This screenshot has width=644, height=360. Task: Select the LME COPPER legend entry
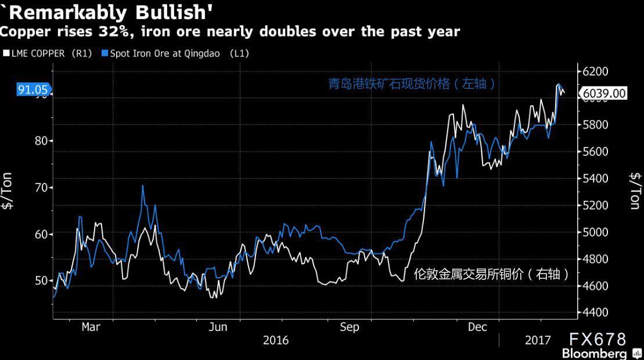coord(48,53)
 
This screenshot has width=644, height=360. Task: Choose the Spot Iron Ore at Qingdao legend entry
coord(175,53)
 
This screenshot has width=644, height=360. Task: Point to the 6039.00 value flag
coord(604,93)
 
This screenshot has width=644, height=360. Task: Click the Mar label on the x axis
coord(91,327)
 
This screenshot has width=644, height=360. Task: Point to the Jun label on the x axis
coord(218,327)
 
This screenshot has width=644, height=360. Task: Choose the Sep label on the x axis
coord(349,327)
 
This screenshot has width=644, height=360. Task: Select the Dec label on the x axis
coord(477,327)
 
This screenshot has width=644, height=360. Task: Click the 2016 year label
coord(276,340)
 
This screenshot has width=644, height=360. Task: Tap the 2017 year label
coord(538,340)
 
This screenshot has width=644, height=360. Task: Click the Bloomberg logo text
coord(593,354)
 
